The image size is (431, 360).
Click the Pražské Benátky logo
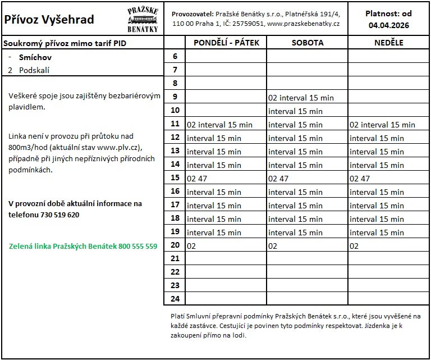click(x=143, y=20)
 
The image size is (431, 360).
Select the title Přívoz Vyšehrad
click(x=49, y=20)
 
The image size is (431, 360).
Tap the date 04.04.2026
click(x=389, y=25)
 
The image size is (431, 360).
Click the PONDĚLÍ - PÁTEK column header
click(x=226, y=43)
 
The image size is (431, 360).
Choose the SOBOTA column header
click(x=307, y=43)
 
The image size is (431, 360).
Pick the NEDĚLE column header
click(x=389, y=43)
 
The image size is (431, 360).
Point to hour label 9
click(x=175, y=97)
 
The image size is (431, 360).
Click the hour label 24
click(x=175, y=299)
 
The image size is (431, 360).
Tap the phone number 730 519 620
click(x=60, y=215)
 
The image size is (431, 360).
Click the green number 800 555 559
click(x=137, y=246)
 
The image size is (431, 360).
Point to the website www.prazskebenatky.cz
click(x=304, y=24)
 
